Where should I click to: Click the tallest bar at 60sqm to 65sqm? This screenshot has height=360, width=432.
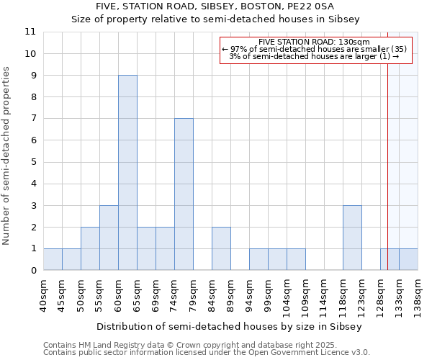127,173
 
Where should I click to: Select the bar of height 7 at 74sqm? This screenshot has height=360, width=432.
184,194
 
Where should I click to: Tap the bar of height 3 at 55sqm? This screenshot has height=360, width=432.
109,238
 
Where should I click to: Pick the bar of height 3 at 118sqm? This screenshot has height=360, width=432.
352,238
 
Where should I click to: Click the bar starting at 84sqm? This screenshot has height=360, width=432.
221,248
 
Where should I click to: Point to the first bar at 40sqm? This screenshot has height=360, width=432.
53,259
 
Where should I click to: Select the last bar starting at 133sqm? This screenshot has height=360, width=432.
408,259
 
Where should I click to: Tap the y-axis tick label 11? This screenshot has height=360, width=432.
30,32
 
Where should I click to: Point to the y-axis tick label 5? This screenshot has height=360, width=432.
33,162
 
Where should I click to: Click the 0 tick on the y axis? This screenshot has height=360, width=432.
33,271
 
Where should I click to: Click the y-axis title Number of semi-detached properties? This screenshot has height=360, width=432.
6,156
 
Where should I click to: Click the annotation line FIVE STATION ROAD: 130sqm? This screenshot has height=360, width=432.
314,42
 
